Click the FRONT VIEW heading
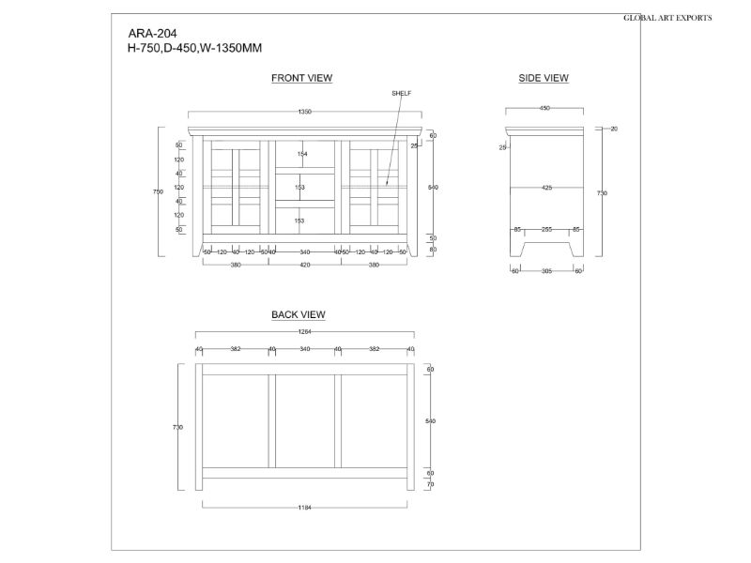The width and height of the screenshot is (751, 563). tap(301, 78)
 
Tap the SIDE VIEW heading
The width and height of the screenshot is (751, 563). tap(544, 78)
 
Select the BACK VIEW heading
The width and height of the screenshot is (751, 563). tap(299, 315)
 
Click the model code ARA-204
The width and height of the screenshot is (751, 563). tap(152, 33)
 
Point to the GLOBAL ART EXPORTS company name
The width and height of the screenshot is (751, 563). tap(667, 18)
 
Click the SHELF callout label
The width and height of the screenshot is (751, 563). tap(401, 94)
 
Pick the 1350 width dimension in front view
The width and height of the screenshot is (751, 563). tap(305, 112)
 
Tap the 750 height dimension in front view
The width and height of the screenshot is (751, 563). tap(159, 191)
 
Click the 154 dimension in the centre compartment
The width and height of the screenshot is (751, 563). tap(302, 154)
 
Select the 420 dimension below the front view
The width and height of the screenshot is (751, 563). tap(305, 265)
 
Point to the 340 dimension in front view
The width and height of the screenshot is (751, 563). tap(305, 252)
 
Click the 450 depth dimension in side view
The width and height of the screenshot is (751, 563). tap(544, 109)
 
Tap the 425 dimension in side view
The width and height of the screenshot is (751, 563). tap(546, 189)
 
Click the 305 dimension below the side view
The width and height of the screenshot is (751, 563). tap(546, 271)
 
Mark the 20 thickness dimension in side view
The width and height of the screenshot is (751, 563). tap(613, 128)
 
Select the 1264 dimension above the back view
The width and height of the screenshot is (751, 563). tap(305, 331)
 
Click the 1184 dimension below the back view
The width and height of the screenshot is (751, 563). tap(305, 508)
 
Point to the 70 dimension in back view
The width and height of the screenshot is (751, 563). tap(431, 484)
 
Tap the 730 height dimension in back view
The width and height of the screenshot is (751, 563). tap(177, 427)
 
